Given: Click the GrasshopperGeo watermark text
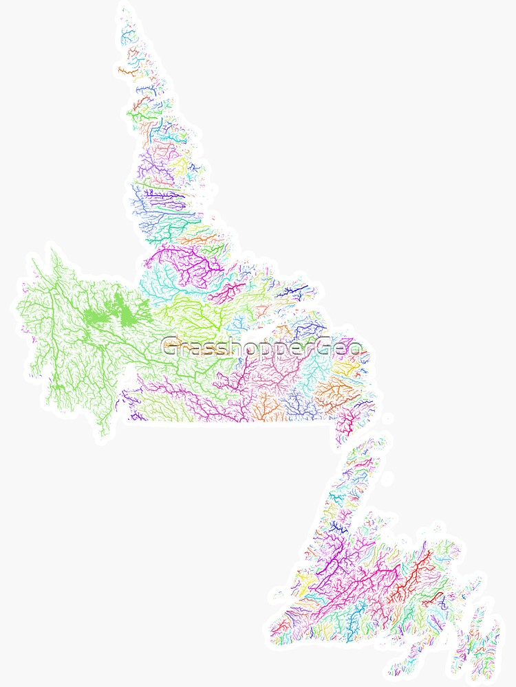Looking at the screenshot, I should [261, 347].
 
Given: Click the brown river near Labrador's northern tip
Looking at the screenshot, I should [127, 70].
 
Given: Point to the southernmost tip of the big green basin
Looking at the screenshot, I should [104, 434].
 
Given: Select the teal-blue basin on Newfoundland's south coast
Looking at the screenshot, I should [354, 622].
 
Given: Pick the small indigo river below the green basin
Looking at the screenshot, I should [138, 416].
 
